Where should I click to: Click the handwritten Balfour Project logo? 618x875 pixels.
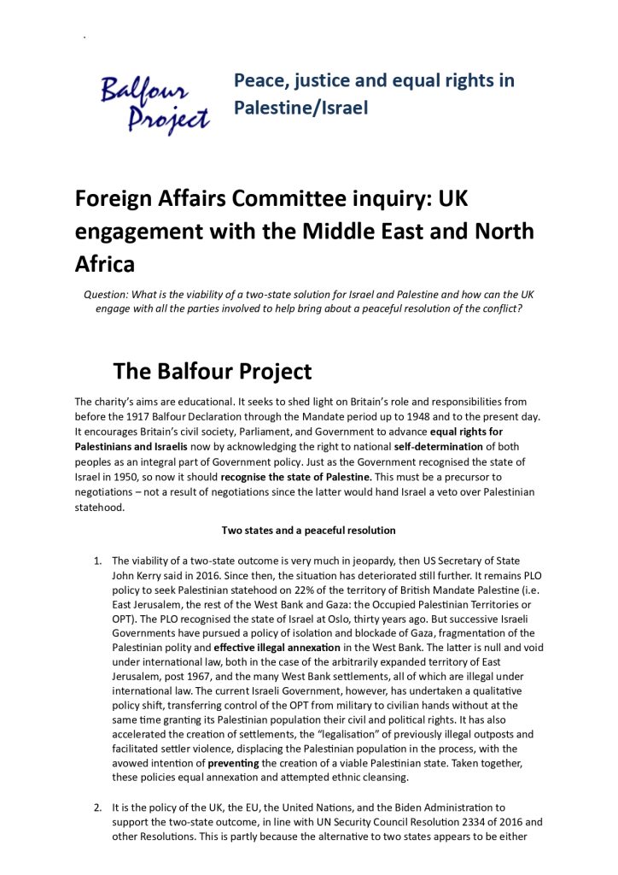click(x=154, y=105)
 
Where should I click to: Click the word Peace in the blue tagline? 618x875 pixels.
click(x=259, y=81)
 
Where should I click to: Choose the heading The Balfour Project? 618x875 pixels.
click(x=213, y=372)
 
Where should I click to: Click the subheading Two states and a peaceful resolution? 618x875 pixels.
click(x=308, y=530)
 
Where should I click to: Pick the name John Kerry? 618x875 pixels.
click(x=140, y=576)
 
